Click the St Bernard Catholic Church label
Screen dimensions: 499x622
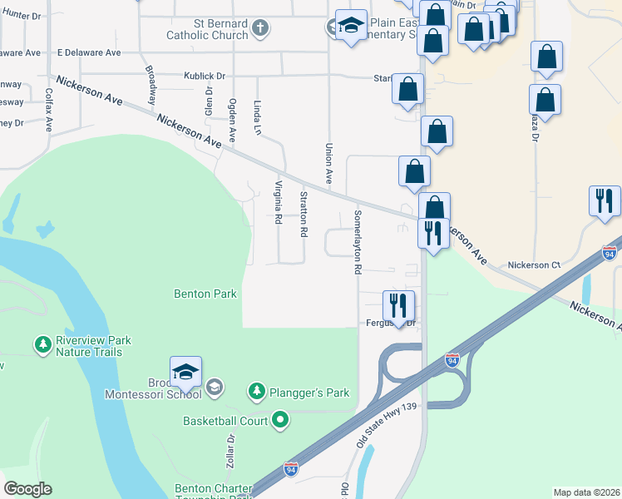click(x=207, y=29)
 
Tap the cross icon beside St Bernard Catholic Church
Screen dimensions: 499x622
click(x=260, y=29)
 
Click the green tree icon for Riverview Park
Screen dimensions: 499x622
click(x=42, y=343)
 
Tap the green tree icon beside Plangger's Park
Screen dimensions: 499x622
click(x=258, y=390)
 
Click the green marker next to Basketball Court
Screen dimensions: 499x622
click(x=280, y=421)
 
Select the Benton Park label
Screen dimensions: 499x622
click(x=205, y=294)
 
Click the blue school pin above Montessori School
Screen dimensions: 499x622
click(x=185, y=372)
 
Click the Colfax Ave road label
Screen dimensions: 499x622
click(x=49, y=111)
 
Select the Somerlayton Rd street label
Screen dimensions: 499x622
click(x=357, y=242)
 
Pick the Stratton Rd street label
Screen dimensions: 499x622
click(x=304, y=214)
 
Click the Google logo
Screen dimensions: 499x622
click(x=27, y=489)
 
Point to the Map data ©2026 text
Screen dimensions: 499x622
click(x=586, y=492)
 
